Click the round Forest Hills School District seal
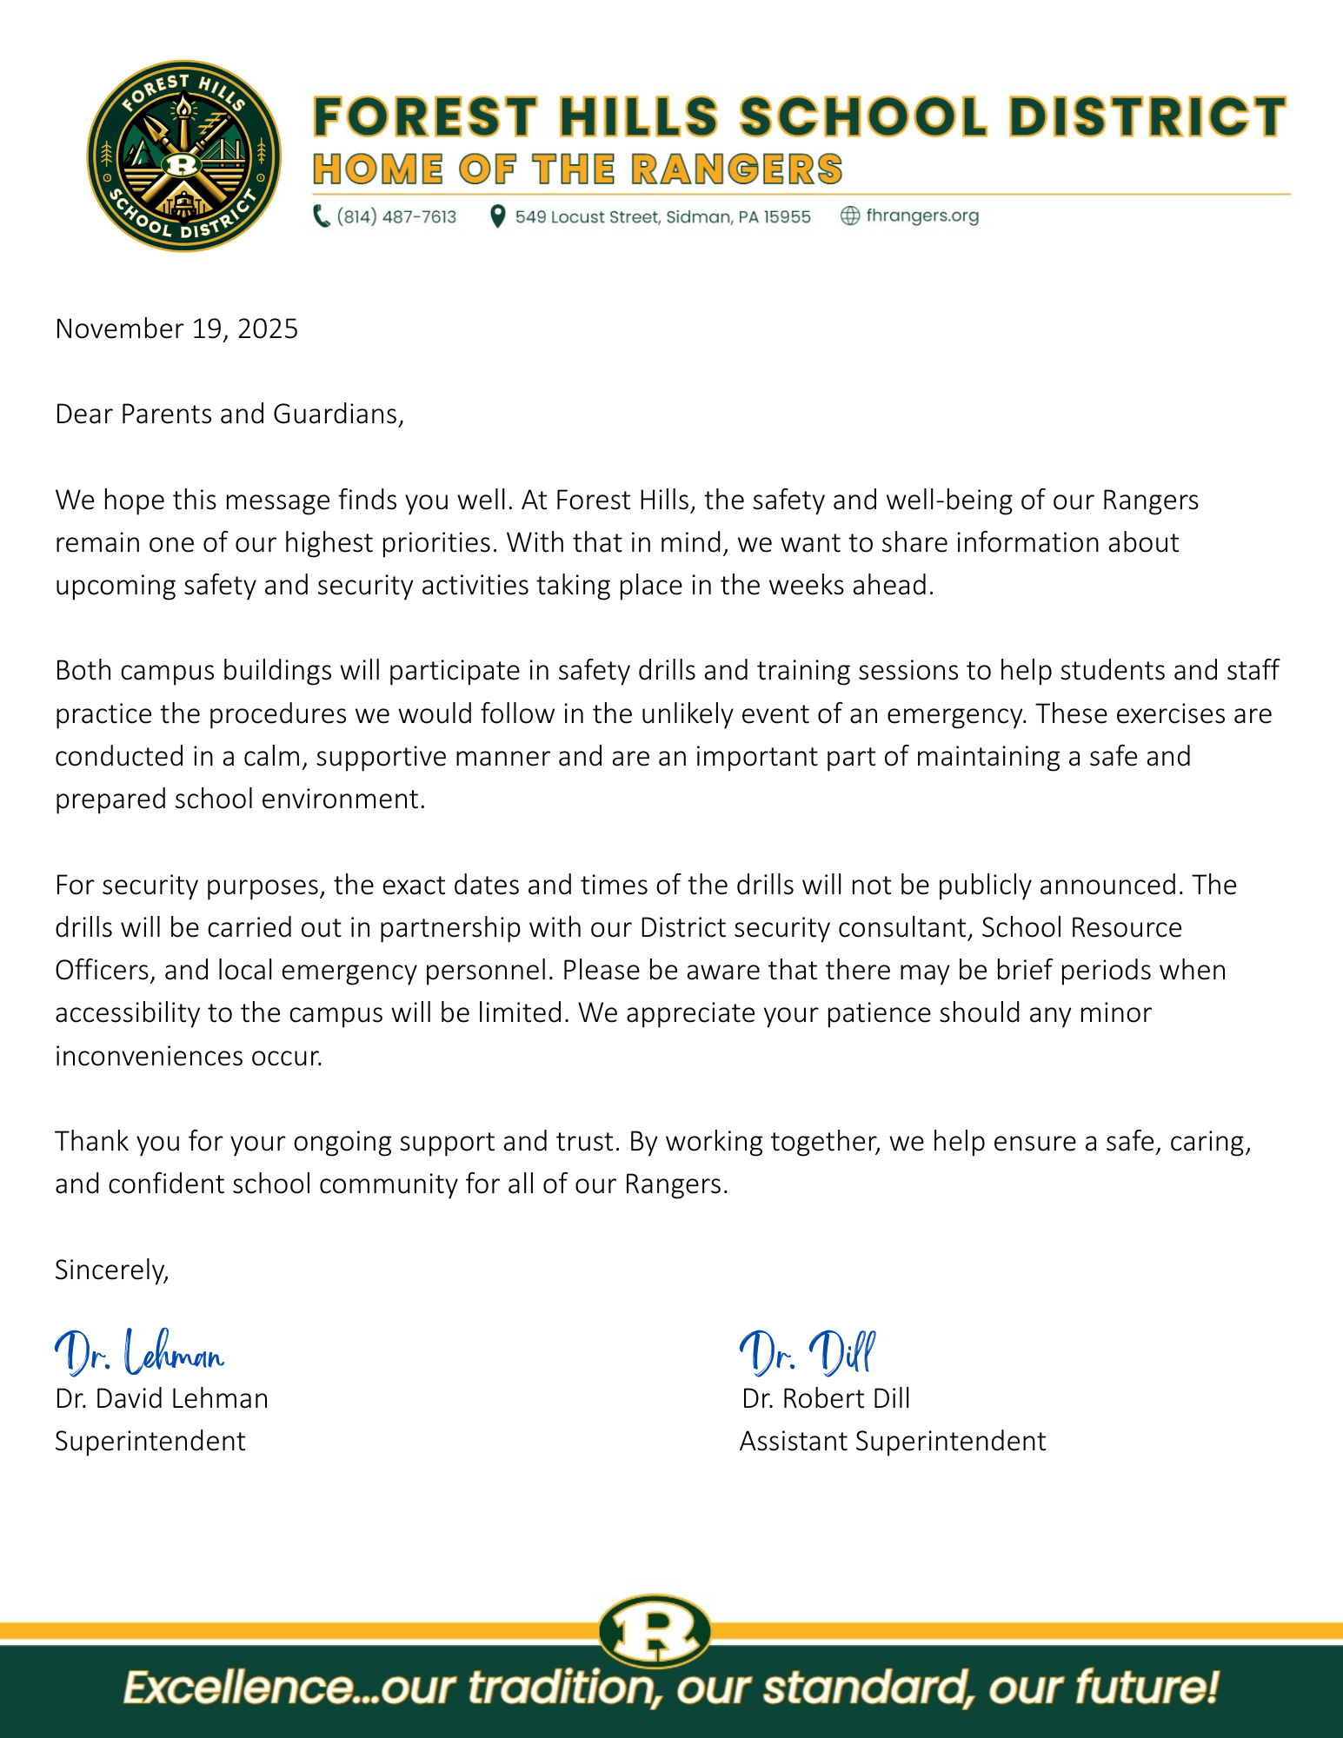[183, 156]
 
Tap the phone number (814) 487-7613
[396, 216]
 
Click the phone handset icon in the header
[321, 216]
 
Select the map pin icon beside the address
[497, 216]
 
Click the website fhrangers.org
[922, 216]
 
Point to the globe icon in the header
[849, 216]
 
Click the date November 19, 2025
[176, 328]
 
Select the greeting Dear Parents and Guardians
[229, 414]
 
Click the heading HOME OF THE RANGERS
[577, 169]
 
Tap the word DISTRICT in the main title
[1147, 116]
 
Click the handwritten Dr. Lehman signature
[139, 1353]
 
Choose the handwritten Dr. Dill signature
[808, 1353]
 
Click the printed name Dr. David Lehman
[162, 1398]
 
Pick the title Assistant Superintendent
[893, 1441]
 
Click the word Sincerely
[111, 1270]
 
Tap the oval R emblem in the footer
[655, 1631]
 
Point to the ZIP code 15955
[787, 216]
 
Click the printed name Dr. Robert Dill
[826, 1398]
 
